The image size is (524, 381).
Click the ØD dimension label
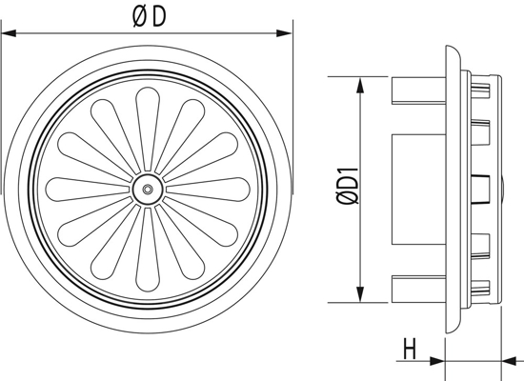pyautogui.click(x=148, y=17)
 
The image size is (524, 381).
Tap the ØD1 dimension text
pyautogui.click(x=347, y=187)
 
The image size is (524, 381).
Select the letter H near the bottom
pyautogui.click(x=410, y=349)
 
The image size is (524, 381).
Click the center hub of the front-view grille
pyautogui.click(x=147, y=189)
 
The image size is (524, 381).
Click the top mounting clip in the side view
pyautogui.click(x=417, y=90)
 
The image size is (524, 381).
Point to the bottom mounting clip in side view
pyautogui.click(x=417, y=288)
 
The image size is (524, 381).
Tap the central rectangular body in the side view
pyautogui.click(x=419, y=189)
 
